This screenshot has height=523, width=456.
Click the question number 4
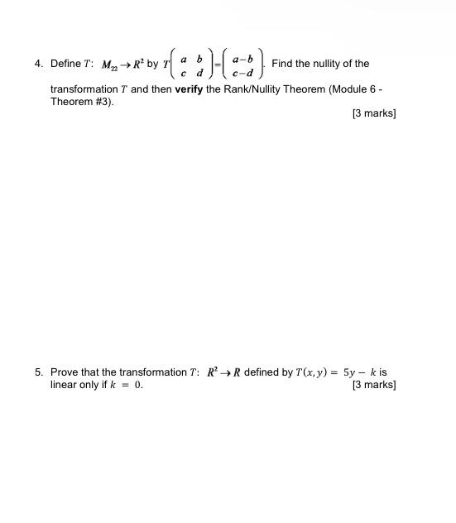click(x=38, y=64)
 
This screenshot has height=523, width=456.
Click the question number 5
click(x=38, y=372)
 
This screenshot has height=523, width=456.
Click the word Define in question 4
click(x=65, y=64)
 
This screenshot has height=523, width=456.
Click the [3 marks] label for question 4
click(x=374, y=113)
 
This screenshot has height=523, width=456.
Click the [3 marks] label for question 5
click(x=374, y=385)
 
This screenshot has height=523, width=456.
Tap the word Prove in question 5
click(x=65, y=372)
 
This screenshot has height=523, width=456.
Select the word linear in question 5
click(x=65, y=385)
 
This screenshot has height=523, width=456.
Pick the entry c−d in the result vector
click(x=242, y=71)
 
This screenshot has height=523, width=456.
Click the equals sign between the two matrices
click(x=217, y=65)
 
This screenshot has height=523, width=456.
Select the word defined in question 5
click(x=263, y=372)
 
